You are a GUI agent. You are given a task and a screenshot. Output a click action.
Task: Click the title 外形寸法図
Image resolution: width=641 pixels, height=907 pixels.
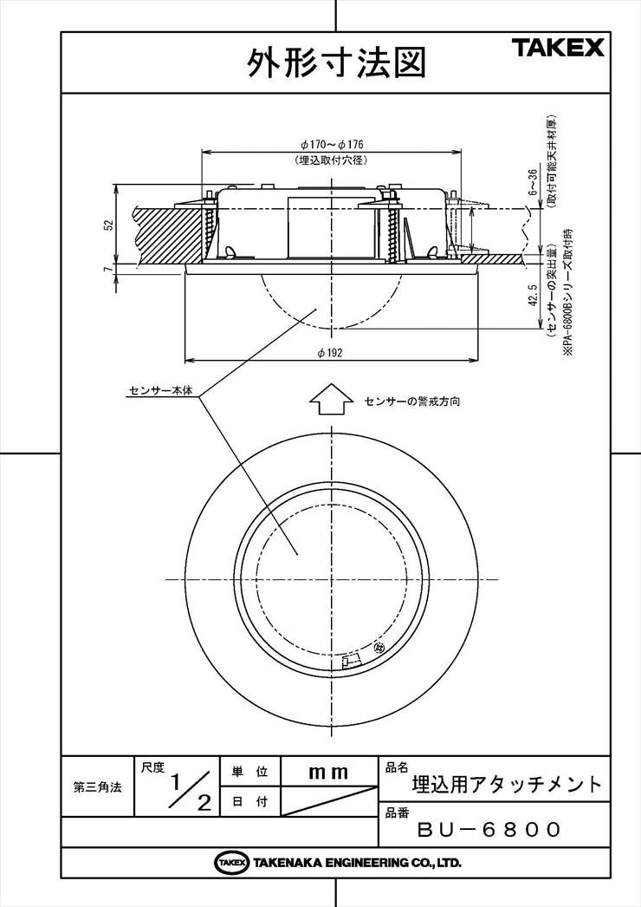pyautogui.click(x=337, y=62)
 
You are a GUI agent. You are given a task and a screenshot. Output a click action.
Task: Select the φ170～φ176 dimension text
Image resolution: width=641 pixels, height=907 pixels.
pyautogui.click(x=332, y=144)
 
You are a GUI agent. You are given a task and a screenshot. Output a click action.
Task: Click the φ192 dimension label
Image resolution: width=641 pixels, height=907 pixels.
pyautogui.click(x=331, y=353)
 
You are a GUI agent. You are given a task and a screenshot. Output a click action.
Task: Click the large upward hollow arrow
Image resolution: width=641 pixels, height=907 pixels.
pyautogui.click(x=331, y=398)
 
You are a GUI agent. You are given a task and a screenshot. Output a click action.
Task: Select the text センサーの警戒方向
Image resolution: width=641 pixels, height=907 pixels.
pyautogui.click(x=412, y=401)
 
